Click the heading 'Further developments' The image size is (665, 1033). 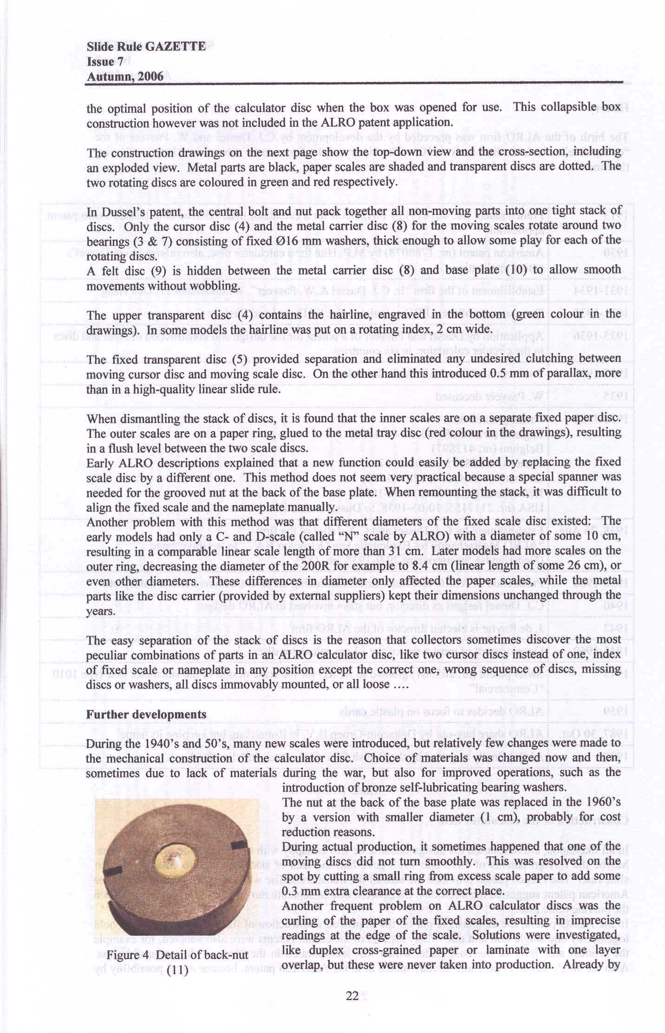[146, 714]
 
